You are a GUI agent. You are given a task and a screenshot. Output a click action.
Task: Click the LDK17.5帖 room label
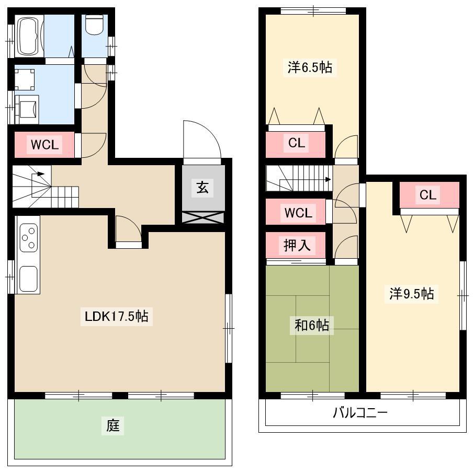pos(116,316)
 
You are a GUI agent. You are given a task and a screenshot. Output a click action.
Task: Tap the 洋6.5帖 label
pos(310,67)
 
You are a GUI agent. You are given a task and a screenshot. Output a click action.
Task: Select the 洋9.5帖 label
pos(411,293)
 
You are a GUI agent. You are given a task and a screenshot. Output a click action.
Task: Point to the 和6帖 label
pos(312,325)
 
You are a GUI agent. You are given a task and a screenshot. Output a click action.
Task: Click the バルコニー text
pos(360,412)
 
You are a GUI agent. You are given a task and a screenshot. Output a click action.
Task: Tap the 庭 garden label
pos(113,425)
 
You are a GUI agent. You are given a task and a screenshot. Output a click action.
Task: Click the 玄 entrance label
pos(202,187)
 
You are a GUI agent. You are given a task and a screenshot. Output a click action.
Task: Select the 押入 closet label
pos(297,245)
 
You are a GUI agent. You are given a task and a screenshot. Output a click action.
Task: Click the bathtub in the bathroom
pos(30,36)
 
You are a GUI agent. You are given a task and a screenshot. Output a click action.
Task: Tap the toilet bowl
pos(95,25)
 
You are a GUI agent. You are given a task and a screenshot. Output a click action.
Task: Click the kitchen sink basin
pos(28,279)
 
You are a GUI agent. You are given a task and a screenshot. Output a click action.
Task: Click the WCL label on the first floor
pos(44,145)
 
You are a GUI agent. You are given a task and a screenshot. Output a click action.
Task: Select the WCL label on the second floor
pos(298,213)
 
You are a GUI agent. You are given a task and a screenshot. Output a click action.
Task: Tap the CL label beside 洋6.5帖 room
pos(297,143)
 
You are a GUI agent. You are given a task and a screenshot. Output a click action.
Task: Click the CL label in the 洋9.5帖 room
pos(428,195)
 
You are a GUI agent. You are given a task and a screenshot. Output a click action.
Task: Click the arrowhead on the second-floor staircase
pos(328,179)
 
